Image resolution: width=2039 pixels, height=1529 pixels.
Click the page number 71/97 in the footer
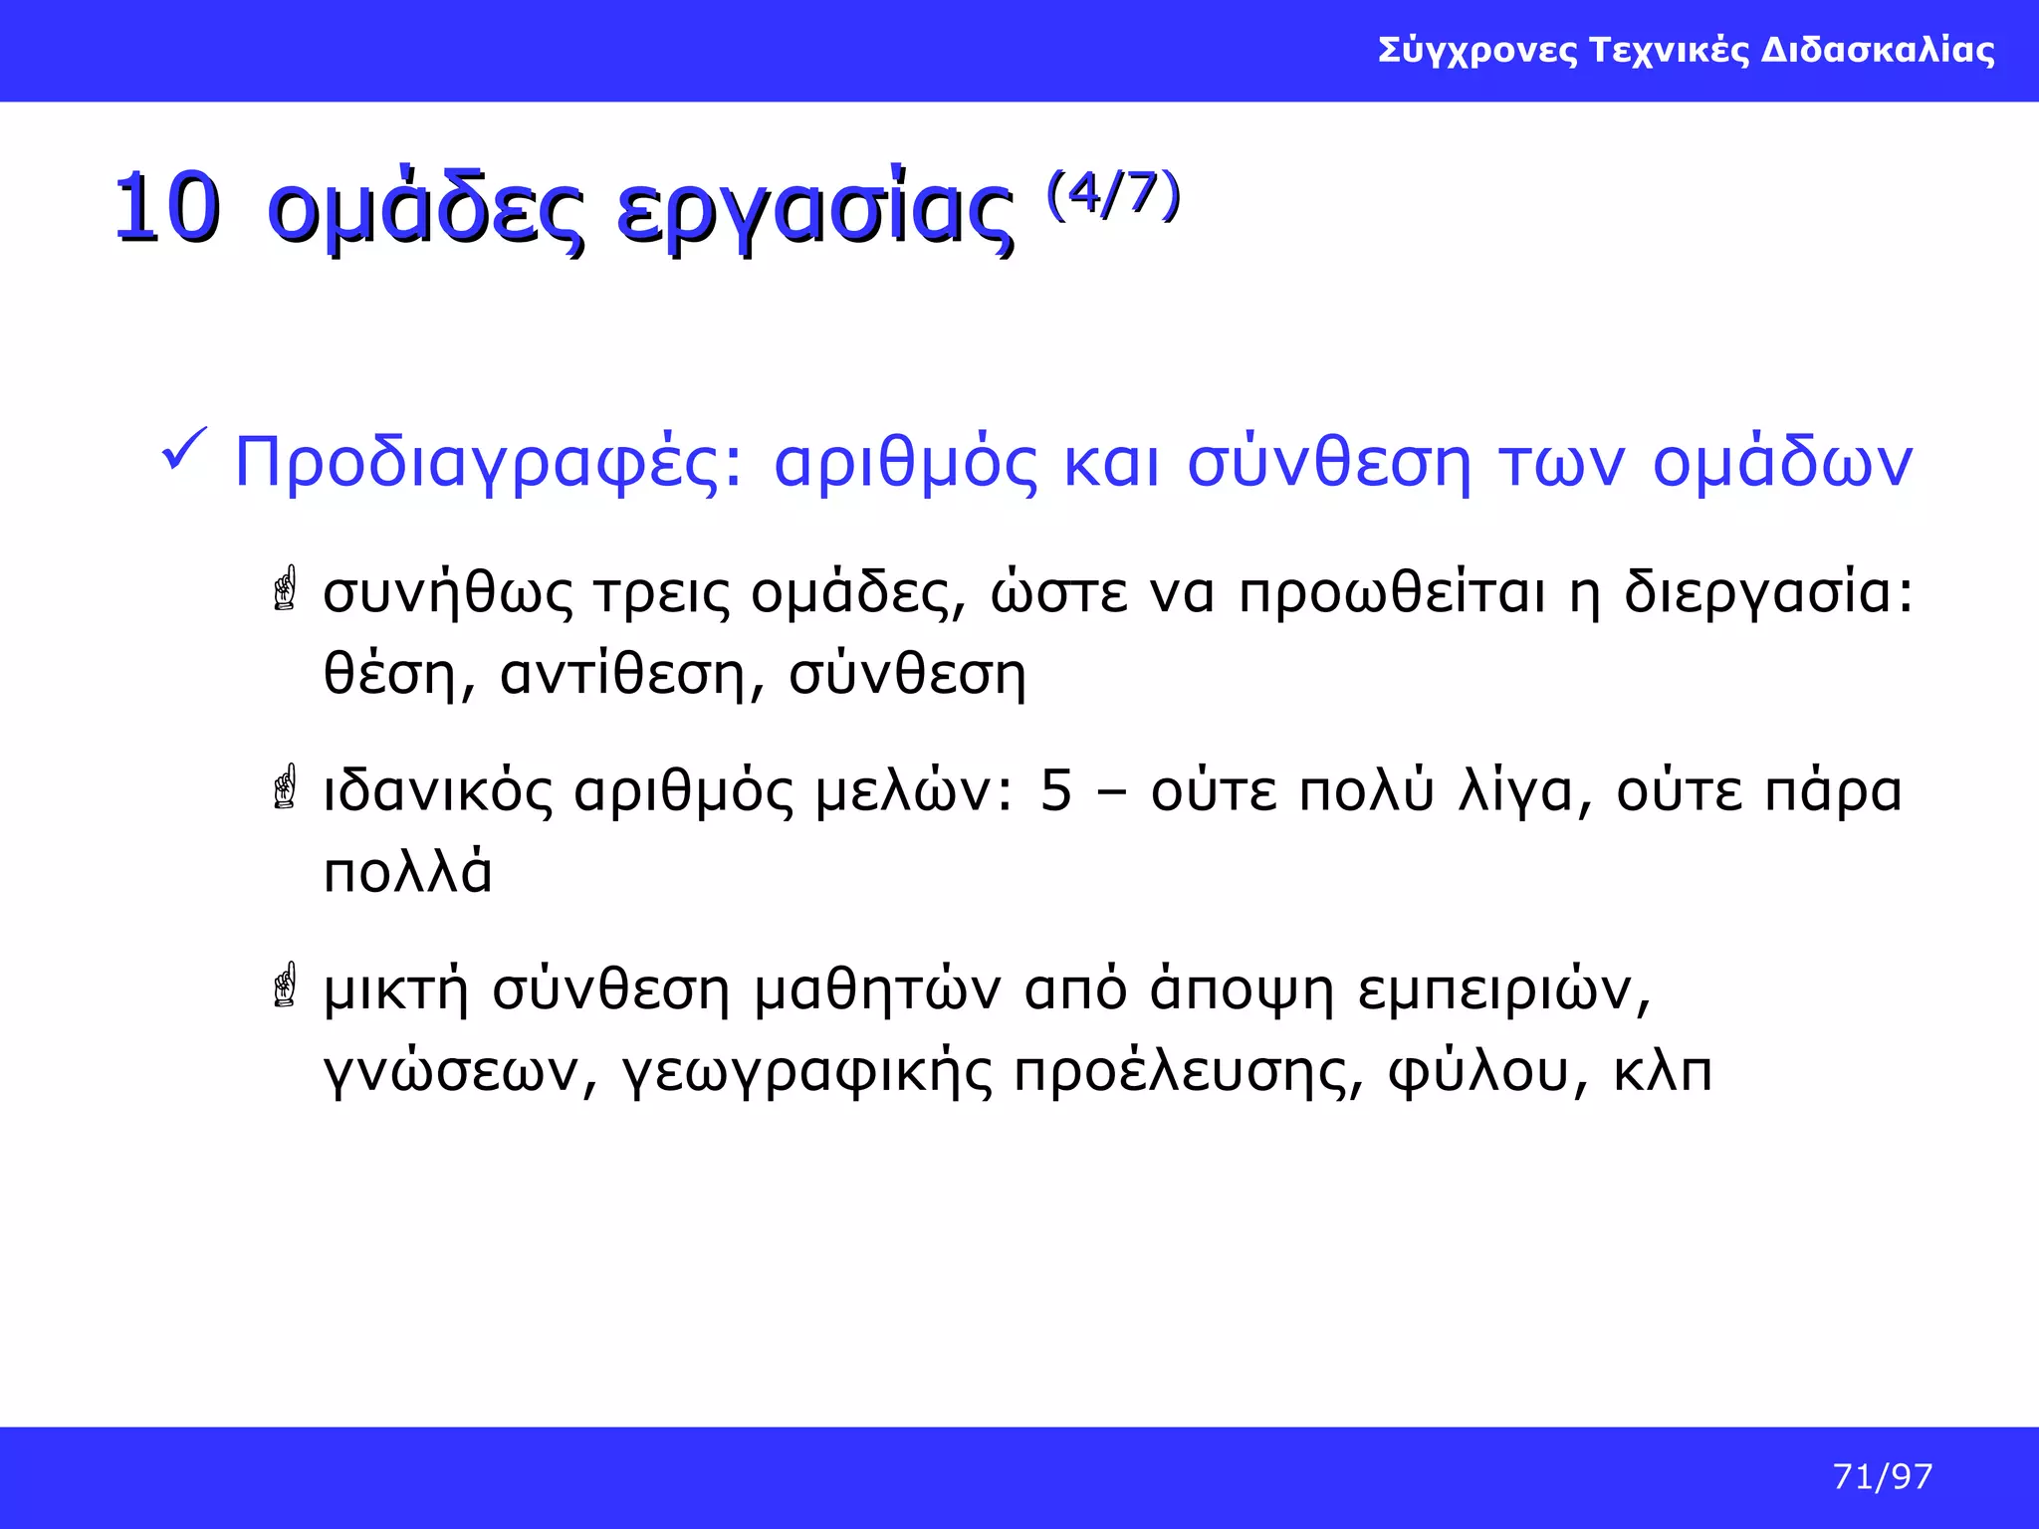(x=1882, y=1476)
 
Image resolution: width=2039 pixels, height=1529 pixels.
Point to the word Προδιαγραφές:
(x=489, y=463)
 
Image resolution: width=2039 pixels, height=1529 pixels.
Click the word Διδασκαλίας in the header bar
(x=1878, y=50)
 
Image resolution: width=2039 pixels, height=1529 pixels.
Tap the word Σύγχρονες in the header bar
(x=1477, y=50)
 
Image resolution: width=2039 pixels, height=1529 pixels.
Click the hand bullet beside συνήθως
(x=286, y=588)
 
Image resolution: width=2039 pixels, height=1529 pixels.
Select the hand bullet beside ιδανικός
(x=286, y=786)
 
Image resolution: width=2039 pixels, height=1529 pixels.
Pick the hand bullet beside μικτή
(x=286, y=984)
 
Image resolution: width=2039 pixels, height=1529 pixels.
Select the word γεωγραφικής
(x=806, y=1072)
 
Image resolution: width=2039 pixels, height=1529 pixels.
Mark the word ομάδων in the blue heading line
(x=1782, y=463)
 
